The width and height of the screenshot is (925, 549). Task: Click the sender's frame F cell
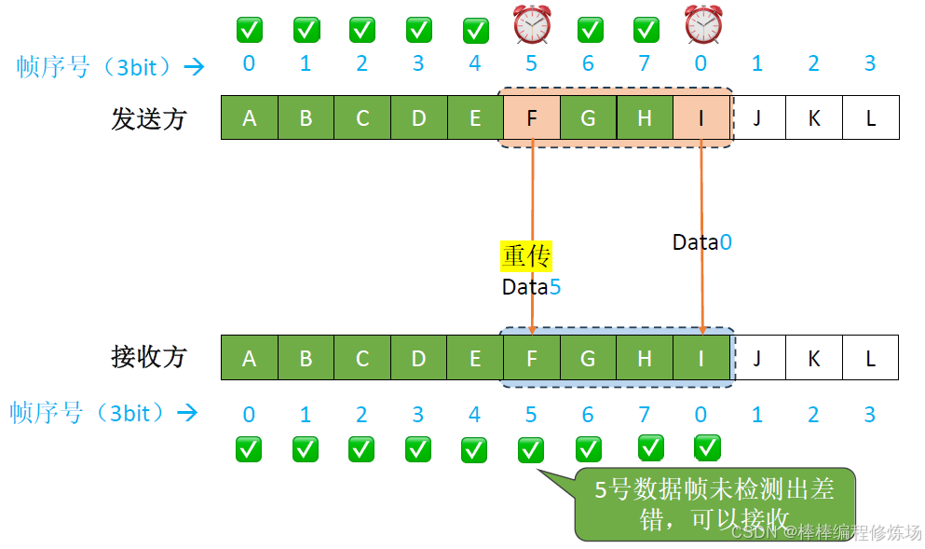[x=532, y=117]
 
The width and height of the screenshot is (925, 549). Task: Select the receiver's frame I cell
[x=701, y=357]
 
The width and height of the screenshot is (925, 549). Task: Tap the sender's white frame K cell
[x=814, y=117]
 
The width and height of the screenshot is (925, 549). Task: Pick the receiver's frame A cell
[x=249, y=357]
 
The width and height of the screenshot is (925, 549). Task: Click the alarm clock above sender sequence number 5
[x=532, y=24]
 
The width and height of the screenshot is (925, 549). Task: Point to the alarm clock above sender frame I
[x=701, y=24]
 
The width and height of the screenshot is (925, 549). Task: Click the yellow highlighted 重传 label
[x=527, y=255]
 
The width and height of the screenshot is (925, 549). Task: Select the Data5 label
[x=531, y=287]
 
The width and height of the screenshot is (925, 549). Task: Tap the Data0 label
[x=701, y=242]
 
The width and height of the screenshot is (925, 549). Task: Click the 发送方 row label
[x=149, y=118]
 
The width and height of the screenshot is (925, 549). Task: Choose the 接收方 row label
[x=149, y=357]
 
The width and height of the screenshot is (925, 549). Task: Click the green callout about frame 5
[x=714, y=503]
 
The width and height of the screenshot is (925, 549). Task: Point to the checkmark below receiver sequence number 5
[x=531, y=449]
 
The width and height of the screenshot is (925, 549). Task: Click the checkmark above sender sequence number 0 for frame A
[x=249, y=30]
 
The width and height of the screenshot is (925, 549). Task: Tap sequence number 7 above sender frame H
[x=645, y=64]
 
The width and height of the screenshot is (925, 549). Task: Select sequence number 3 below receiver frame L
[x=870, y=415]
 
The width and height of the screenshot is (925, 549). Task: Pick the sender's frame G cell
[x=588, y=117]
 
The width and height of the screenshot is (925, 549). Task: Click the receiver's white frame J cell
[x=757, y=357]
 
